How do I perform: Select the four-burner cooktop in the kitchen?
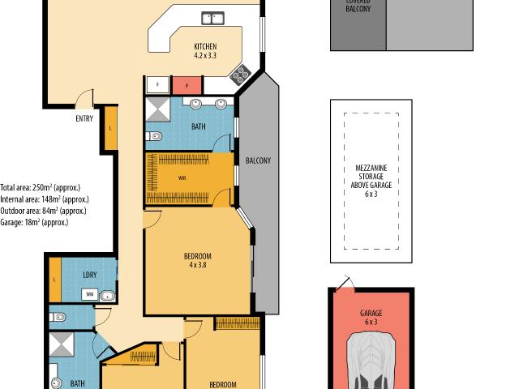241,76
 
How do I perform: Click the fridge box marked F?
157,84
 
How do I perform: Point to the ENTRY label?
84,118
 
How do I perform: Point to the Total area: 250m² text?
41,186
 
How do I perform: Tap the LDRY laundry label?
89,275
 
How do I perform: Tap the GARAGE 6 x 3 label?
371,317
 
